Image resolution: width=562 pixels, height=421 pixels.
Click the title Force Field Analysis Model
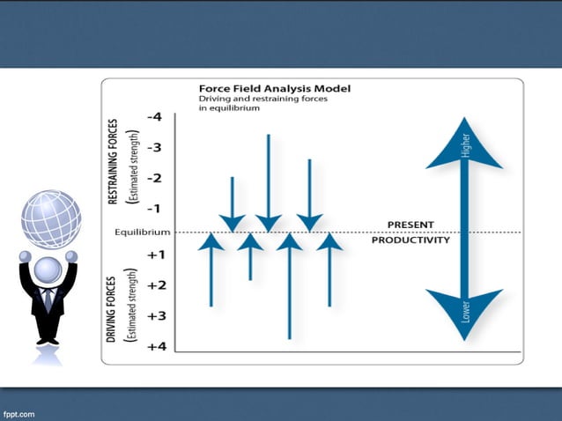tap(275, 89)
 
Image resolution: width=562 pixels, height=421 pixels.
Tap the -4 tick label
tap(154, 116)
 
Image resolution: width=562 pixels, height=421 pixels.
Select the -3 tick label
tap(154, 147)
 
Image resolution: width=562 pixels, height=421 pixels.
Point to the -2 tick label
tap(154, 178)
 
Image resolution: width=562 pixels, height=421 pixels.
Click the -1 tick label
tap(154, 209)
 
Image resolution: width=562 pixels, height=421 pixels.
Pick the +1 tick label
tap(156, 255)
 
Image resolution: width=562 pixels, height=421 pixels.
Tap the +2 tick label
tap(156, 285)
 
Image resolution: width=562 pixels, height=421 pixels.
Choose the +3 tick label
tap(156, 315)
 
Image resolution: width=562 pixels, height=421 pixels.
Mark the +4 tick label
tap(156, 346)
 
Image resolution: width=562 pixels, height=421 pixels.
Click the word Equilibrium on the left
tap(136, 233)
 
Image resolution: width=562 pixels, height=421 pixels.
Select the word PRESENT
tap(410, 224)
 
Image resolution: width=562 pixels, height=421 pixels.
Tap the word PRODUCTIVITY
tap(410, 240)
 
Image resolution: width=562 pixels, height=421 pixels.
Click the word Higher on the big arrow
tap(464, 145)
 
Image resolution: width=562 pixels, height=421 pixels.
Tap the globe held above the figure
tap(51, 218)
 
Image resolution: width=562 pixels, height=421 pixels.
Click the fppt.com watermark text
tap(20, 412)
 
